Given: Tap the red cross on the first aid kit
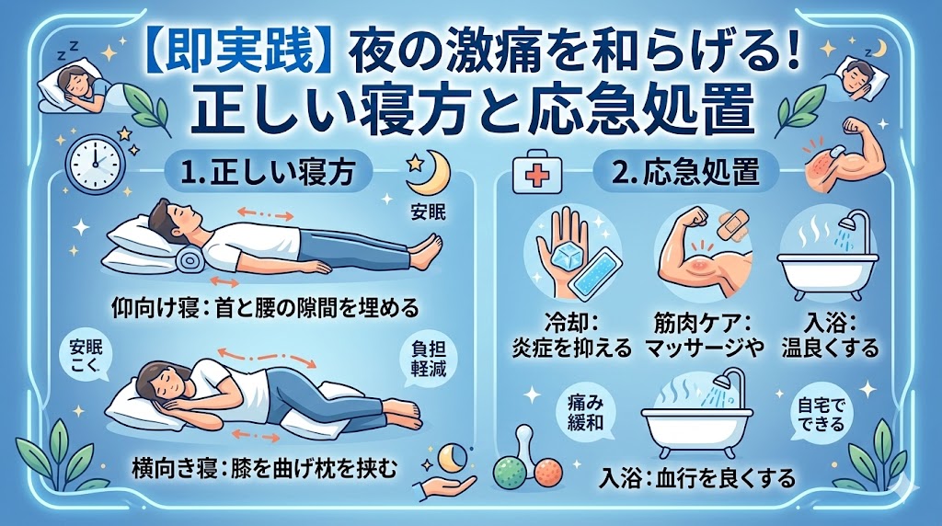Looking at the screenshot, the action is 536,176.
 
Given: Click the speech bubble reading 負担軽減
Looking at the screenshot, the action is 428,359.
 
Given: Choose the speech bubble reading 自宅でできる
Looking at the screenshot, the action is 821,416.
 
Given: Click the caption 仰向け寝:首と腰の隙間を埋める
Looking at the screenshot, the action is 265,309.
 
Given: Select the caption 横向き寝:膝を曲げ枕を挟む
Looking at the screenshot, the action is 264,468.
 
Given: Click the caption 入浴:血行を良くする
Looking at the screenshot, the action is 697,478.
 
